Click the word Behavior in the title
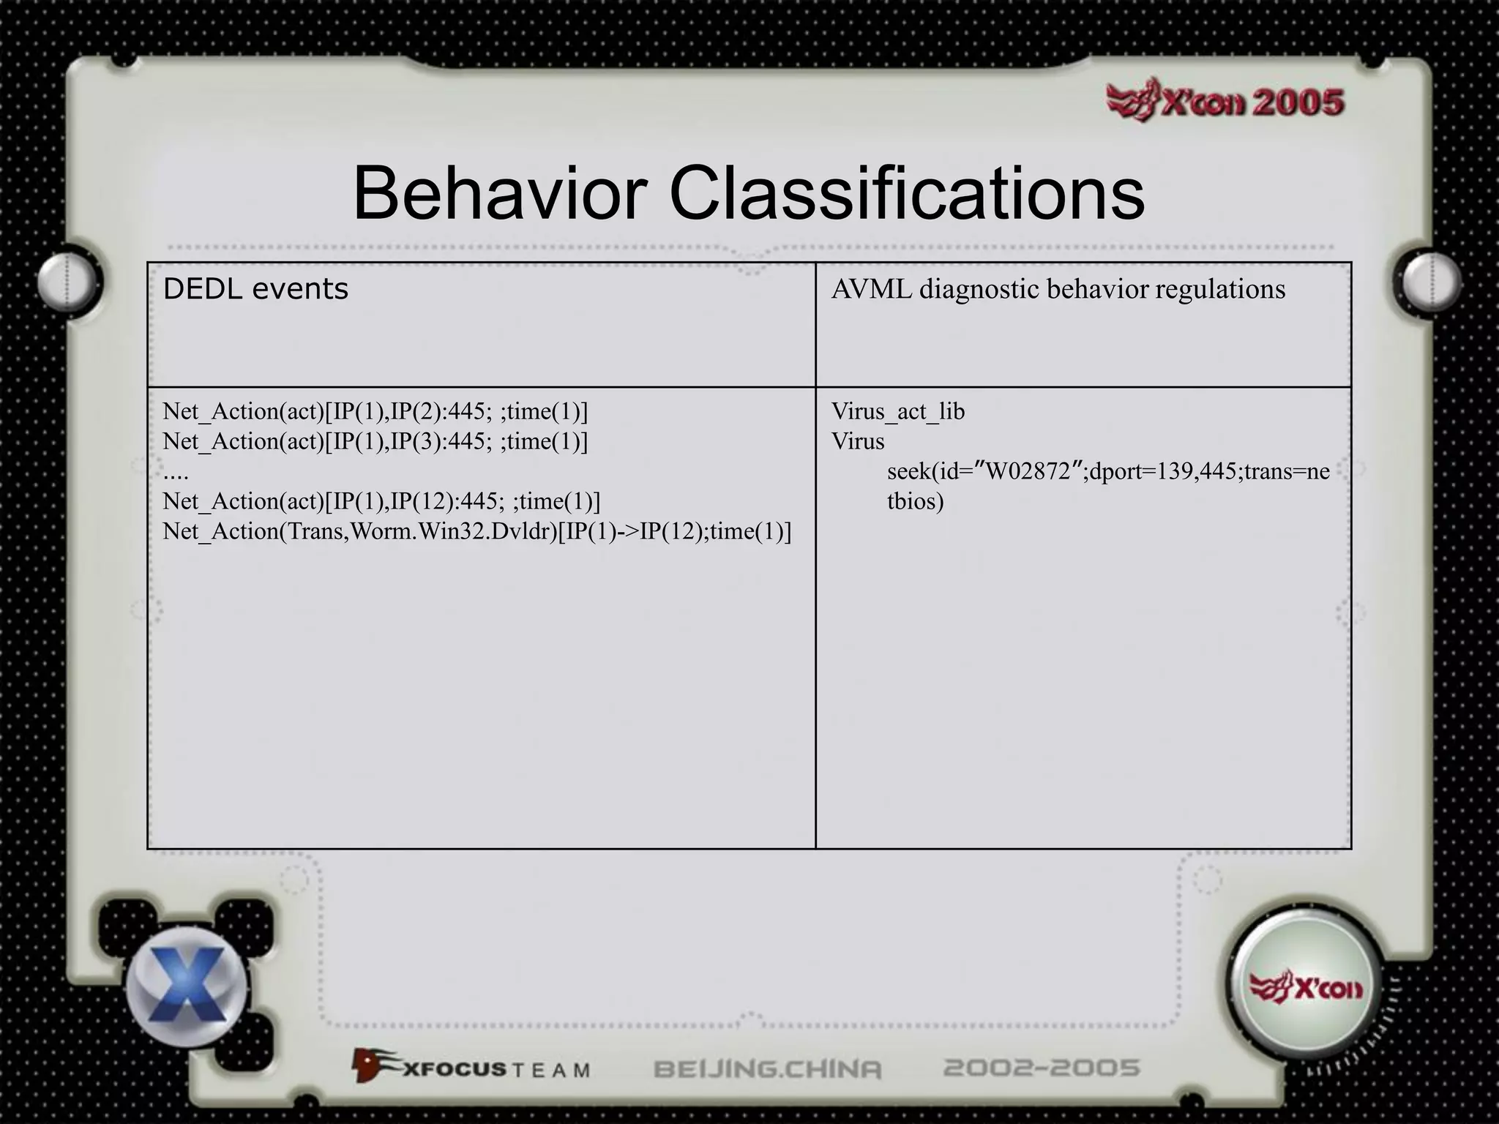click(500, 193)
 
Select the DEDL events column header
click(255, 290)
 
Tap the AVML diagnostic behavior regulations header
click(1058, 290)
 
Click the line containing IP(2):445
click(375, 411)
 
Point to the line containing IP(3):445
click(375, 441)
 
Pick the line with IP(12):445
click(381, 501)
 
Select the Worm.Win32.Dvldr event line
click(476, 531)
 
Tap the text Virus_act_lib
click(898, 411)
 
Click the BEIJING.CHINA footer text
click(767, 1069)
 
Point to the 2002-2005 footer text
click(1042, 1068)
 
